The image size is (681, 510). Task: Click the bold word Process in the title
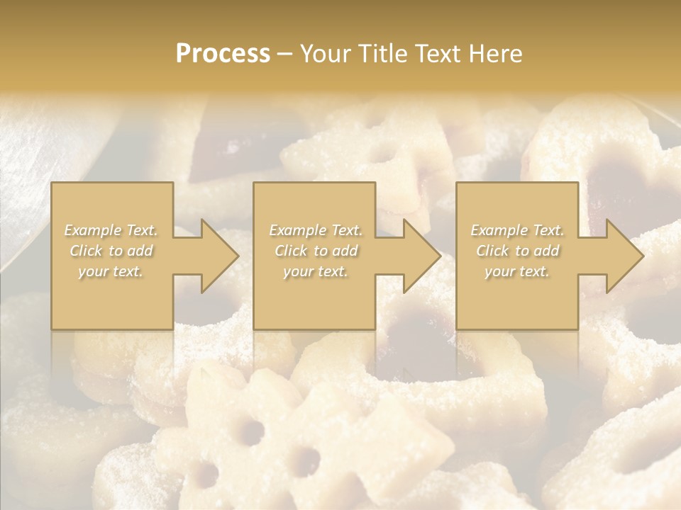(x=223, y=54)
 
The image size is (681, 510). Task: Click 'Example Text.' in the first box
(x=111, y=230)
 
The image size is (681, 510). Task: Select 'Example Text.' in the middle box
(x=315, y=230)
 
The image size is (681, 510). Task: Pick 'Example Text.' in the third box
(x=517, y=230)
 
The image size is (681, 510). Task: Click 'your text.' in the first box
(x=111, y=272)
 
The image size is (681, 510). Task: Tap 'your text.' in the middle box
(x=315, y=272)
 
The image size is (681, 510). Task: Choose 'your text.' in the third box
(x=517, y=272)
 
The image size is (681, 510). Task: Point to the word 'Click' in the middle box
(x=291, y=251)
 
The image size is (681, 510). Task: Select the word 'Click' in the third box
(x=492, y=251)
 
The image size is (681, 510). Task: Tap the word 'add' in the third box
(x=546, y=251)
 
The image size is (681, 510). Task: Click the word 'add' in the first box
(x=140, y=251)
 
